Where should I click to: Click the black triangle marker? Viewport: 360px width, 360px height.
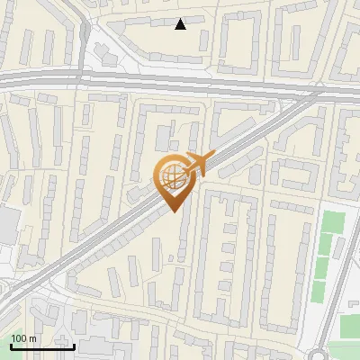pos(181,24)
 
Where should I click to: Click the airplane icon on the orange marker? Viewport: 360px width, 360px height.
pos(196,164)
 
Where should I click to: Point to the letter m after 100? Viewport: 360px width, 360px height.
pos(32,338)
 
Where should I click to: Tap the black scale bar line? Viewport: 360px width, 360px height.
pos(42,346)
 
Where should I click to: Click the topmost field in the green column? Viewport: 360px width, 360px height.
pos(334,221)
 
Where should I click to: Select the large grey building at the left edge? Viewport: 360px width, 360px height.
pos(7,229)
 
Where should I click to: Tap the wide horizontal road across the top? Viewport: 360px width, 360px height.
pos(180,82)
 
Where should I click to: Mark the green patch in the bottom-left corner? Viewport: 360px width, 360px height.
pos(18,310)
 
